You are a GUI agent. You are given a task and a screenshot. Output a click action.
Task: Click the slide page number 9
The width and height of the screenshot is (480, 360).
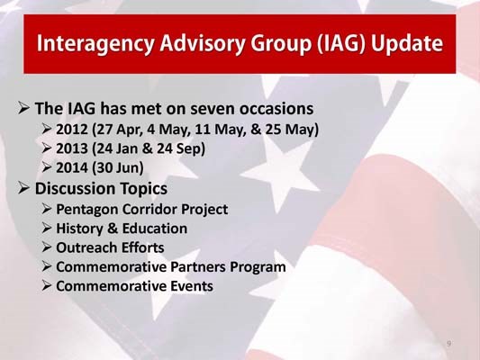click(448, 345)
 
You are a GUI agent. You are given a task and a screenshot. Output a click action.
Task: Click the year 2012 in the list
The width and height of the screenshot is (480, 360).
click(72, 130)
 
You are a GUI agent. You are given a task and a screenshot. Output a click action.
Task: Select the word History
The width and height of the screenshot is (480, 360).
click(83, 229)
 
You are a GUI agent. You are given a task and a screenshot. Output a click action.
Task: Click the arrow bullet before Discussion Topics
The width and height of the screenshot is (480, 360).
click(24, 189)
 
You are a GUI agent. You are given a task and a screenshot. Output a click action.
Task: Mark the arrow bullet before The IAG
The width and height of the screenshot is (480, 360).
click(24, 109)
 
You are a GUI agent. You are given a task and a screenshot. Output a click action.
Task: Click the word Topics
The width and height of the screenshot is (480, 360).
click(140, 189)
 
